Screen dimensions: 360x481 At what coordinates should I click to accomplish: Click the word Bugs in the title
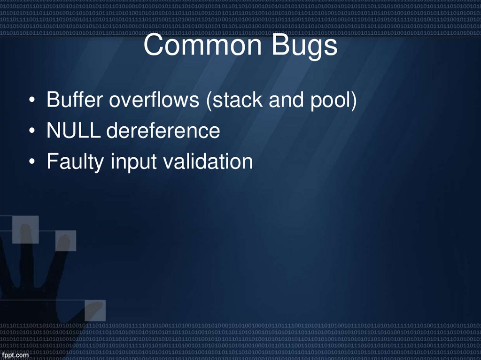pos(307,46)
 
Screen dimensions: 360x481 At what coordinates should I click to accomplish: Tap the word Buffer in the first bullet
pos(75,100)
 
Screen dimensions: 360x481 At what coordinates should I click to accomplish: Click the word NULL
pos(73,131)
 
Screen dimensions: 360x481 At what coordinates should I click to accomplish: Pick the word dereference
pos(163,131)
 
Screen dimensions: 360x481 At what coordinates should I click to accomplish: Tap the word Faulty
pos(76,162)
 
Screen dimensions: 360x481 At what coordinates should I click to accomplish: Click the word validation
pos(208,162)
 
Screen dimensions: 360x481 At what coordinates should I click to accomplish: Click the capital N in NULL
pos(53,131)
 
